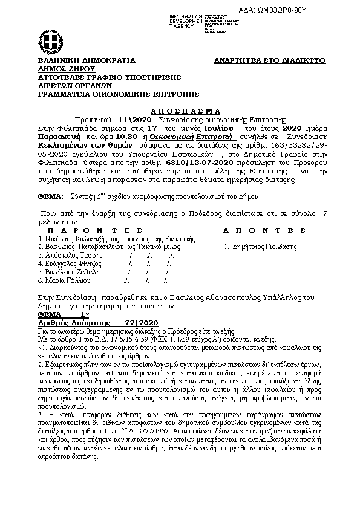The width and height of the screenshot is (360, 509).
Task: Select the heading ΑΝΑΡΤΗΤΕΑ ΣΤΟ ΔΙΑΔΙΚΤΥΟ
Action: click(x=270, y=61)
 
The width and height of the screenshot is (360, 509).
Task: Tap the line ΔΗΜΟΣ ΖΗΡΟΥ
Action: click(x=59, y=70)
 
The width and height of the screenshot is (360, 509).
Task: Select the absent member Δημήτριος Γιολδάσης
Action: click(x=263, y=248)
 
